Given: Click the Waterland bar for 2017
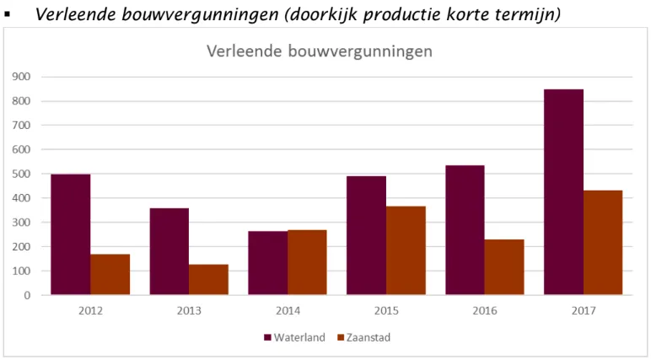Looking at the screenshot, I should [563, 192].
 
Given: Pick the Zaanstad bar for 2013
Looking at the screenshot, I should [208, 280].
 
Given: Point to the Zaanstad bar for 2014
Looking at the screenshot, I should [307, 262].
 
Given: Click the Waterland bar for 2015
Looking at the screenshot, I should [366, 235].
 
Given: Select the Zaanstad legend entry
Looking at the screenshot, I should [363, 337].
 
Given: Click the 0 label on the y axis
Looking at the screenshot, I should [28, 296].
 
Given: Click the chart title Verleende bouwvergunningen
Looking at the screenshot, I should [320, 51].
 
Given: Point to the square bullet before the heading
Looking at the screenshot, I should [7, 15].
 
